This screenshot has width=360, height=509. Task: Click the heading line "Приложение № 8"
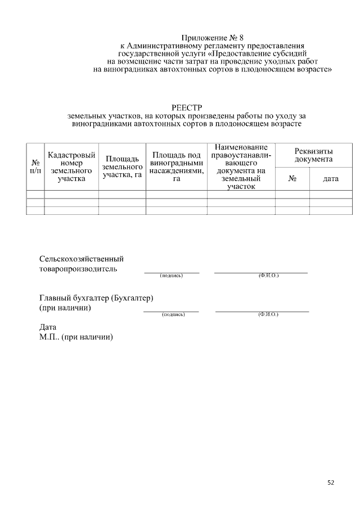click(213, 37)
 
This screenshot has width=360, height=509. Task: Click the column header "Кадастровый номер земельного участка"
click(71, 166)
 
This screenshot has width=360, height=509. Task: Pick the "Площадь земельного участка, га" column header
click(122, 167)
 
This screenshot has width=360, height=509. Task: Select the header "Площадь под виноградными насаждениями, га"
click(177, 166)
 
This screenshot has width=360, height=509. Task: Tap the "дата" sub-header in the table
click(331, 179)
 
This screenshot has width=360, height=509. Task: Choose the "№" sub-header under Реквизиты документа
click(292, 179)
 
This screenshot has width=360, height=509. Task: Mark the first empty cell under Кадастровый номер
click(71, 195)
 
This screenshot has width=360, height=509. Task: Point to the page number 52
click(331, 482)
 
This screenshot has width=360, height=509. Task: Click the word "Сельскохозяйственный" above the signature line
click(82, 259)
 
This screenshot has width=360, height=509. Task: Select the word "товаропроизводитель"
click(78, 269)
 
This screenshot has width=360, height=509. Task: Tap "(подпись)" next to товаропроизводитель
click(172, 276)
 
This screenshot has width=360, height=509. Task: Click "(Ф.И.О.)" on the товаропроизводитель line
click(268, 276)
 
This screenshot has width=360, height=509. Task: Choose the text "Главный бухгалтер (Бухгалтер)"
click(96, 298)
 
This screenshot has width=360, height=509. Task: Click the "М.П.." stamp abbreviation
click(49, 337)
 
